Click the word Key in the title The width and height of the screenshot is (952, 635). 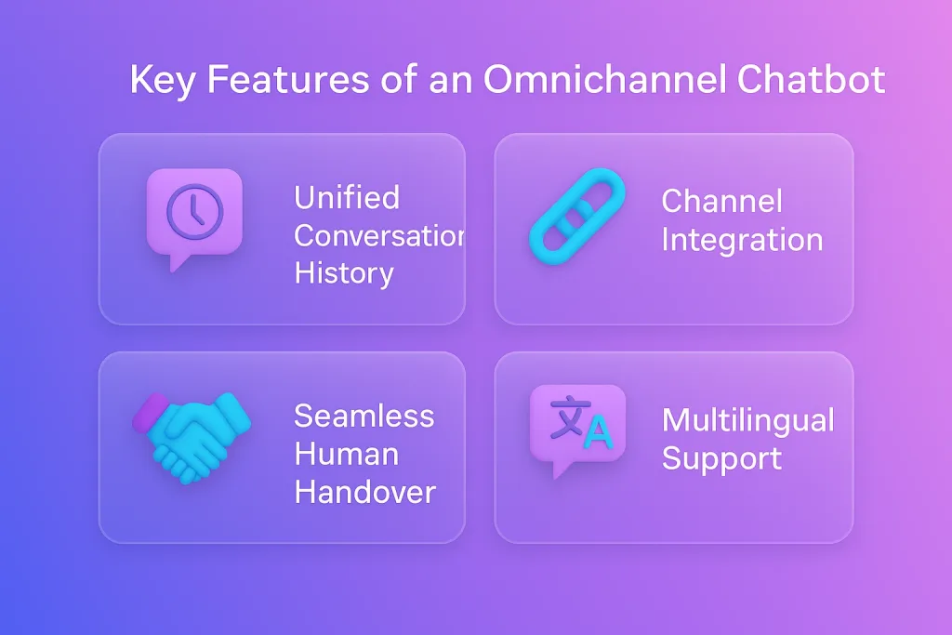(162, 80)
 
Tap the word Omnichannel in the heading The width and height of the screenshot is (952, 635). (604, 79)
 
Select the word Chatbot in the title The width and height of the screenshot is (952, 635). (811, 79)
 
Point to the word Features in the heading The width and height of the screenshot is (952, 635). (288, 79)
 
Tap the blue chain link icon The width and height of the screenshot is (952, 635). (577, 216)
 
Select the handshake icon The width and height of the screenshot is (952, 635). (192, 436)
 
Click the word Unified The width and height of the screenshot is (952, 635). (347, 197)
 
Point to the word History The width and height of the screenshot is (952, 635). (344, 273)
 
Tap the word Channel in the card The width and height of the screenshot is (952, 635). (721, 201)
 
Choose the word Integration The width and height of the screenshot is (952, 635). (742, 240)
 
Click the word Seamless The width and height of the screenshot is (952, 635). (364, 416)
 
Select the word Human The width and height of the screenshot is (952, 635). (347, 454)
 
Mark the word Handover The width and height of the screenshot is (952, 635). (364, 493)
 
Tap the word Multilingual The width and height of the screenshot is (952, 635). (748, 420)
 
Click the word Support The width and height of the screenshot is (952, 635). (721, 459)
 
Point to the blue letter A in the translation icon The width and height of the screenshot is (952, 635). (598, 432)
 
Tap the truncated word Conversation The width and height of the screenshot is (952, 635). (379, 235)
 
